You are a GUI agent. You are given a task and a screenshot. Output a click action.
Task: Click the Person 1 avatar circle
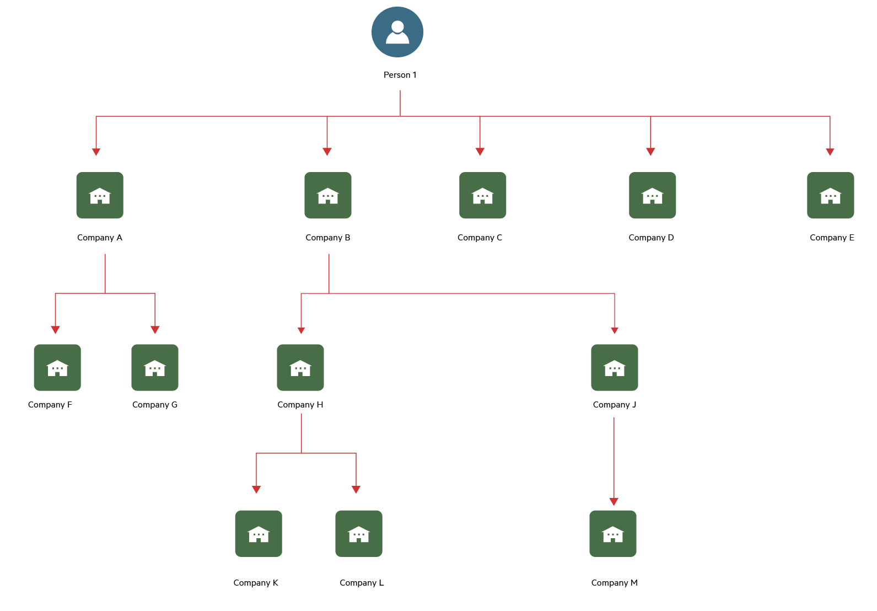coord(397,32)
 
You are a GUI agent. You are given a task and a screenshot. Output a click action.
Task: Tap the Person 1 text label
coord(400,75)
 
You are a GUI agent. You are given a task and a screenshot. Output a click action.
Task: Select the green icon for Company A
coord(100,195)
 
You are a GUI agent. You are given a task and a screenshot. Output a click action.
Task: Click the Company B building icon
coord(328,195)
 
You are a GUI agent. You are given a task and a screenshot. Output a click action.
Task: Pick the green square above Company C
coord(483,195)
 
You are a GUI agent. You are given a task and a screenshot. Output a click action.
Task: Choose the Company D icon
coord(653,195)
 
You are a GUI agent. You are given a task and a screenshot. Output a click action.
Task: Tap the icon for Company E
coord(830,195)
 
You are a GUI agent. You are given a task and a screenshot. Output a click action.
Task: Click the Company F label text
coord(50,405)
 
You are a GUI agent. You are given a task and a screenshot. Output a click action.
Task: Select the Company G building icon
coord(155,367)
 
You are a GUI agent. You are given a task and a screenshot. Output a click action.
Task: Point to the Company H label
coord(300,405)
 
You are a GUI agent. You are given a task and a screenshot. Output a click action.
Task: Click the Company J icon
coord(615,367)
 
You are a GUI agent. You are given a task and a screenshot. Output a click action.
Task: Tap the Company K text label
coord(256,583)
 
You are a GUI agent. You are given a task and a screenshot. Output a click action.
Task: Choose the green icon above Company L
coord(359,534)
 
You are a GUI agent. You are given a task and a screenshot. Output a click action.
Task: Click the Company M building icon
coord(613,534)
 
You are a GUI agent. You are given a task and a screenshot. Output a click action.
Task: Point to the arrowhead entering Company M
coord(614,502)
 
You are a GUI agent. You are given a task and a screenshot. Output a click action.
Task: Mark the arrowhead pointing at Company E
coord(830,152)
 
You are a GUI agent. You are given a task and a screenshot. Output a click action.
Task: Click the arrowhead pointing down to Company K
coord(256,490)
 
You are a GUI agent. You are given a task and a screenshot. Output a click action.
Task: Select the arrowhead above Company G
coord(155,330)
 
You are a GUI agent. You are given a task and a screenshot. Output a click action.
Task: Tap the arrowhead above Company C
coord(480,152)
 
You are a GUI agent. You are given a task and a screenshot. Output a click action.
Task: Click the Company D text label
coord(651,238)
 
